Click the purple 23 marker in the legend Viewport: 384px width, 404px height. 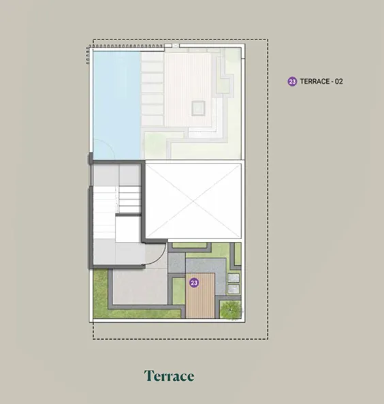click(x=292, y=82)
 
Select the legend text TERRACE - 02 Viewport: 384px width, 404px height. click(x=321, y=82)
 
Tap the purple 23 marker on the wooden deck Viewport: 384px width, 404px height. click(x=194, y=283)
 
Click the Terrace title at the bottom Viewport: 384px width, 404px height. click(x=169, y=376)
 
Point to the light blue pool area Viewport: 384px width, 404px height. click(x=116, y=105)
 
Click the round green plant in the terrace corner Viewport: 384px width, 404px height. click(x=231, y=309)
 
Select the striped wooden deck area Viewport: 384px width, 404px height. click(x=200, y=296)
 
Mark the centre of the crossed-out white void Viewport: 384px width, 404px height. click(x=193, y=201)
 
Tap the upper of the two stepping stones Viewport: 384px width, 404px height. click(x=234, y=278)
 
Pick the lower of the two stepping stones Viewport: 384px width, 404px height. click(x=234, y=289)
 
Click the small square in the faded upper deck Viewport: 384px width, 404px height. click(x=198, y=108)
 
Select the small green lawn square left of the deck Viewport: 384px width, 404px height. click(x=178, y=291)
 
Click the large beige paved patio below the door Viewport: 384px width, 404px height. click(x=140, y=287)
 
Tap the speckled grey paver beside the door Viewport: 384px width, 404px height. click(x=176, y=263)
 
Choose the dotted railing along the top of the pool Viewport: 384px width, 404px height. click(x=126, y=46)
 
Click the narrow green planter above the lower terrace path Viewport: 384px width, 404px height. click(x=189, y=245)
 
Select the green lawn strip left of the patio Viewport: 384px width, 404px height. click(x=101, y=293)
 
